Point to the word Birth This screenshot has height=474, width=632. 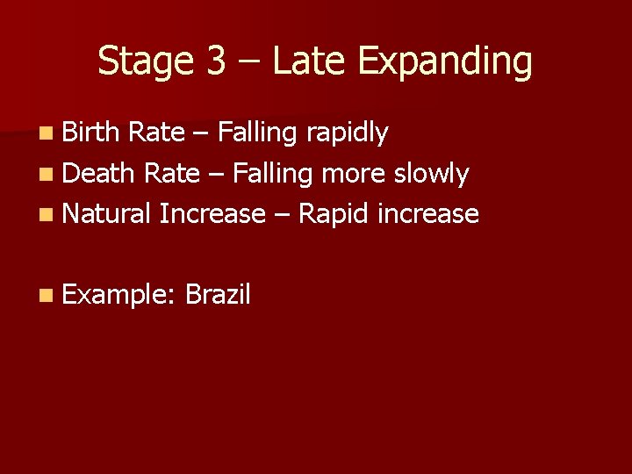92,133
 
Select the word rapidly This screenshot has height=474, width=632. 347,134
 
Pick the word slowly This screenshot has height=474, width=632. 431,175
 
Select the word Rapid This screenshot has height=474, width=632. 334,214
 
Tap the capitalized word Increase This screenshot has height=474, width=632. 212,213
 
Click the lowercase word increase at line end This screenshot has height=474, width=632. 428,213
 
